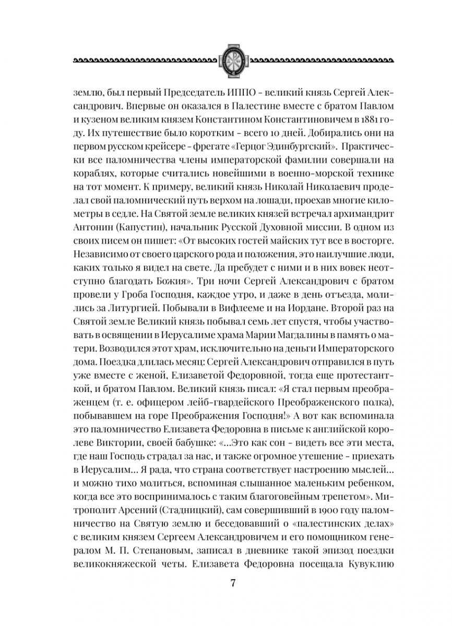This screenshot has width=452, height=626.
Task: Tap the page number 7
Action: coord(226,583)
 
